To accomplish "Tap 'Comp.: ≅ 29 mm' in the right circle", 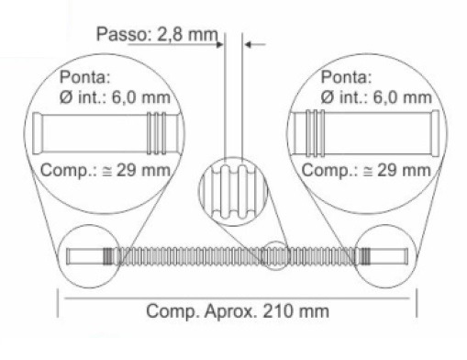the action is click(x=366, y=169).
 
